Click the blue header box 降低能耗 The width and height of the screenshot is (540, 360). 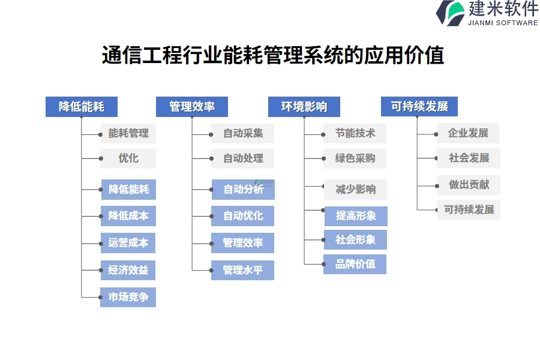pos(82,107)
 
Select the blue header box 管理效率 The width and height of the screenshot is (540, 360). pos(192,107)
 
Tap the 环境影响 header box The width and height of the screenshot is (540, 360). pos(304,107)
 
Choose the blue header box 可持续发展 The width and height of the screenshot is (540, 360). pos(419,107)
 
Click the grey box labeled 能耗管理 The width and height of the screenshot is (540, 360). pos(128,133)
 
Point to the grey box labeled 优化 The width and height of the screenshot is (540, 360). pos(128,158)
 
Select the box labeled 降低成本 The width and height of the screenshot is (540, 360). pos(128,215)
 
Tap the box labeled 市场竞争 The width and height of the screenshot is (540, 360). pos(128,297)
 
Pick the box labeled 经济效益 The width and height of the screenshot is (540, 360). pos(128,270)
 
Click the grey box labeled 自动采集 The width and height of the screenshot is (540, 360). pos(243,133)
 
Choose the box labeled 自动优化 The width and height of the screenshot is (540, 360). pos(243,215)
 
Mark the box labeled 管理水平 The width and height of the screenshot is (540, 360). pos(243,270)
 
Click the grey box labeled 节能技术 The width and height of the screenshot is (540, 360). pos(355,133)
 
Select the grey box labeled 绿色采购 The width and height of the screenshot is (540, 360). pos(355,158)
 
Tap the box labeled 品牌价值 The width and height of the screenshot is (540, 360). pos(355,264)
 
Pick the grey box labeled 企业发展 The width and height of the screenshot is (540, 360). pos(468,133)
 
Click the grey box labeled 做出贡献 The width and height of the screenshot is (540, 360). pos(469,185)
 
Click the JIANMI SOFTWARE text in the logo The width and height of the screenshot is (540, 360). pos(502,23)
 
